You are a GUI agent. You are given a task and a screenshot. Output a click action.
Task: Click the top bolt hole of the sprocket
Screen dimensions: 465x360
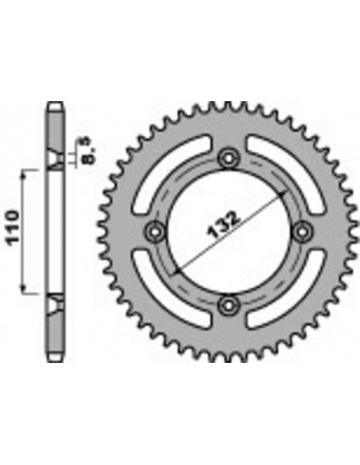pos(227,157)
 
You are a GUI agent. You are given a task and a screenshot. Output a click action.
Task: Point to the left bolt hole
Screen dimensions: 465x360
pos(153,232)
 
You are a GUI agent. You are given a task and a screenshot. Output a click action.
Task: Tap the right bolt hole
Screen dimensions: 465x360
pos(300,232)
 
